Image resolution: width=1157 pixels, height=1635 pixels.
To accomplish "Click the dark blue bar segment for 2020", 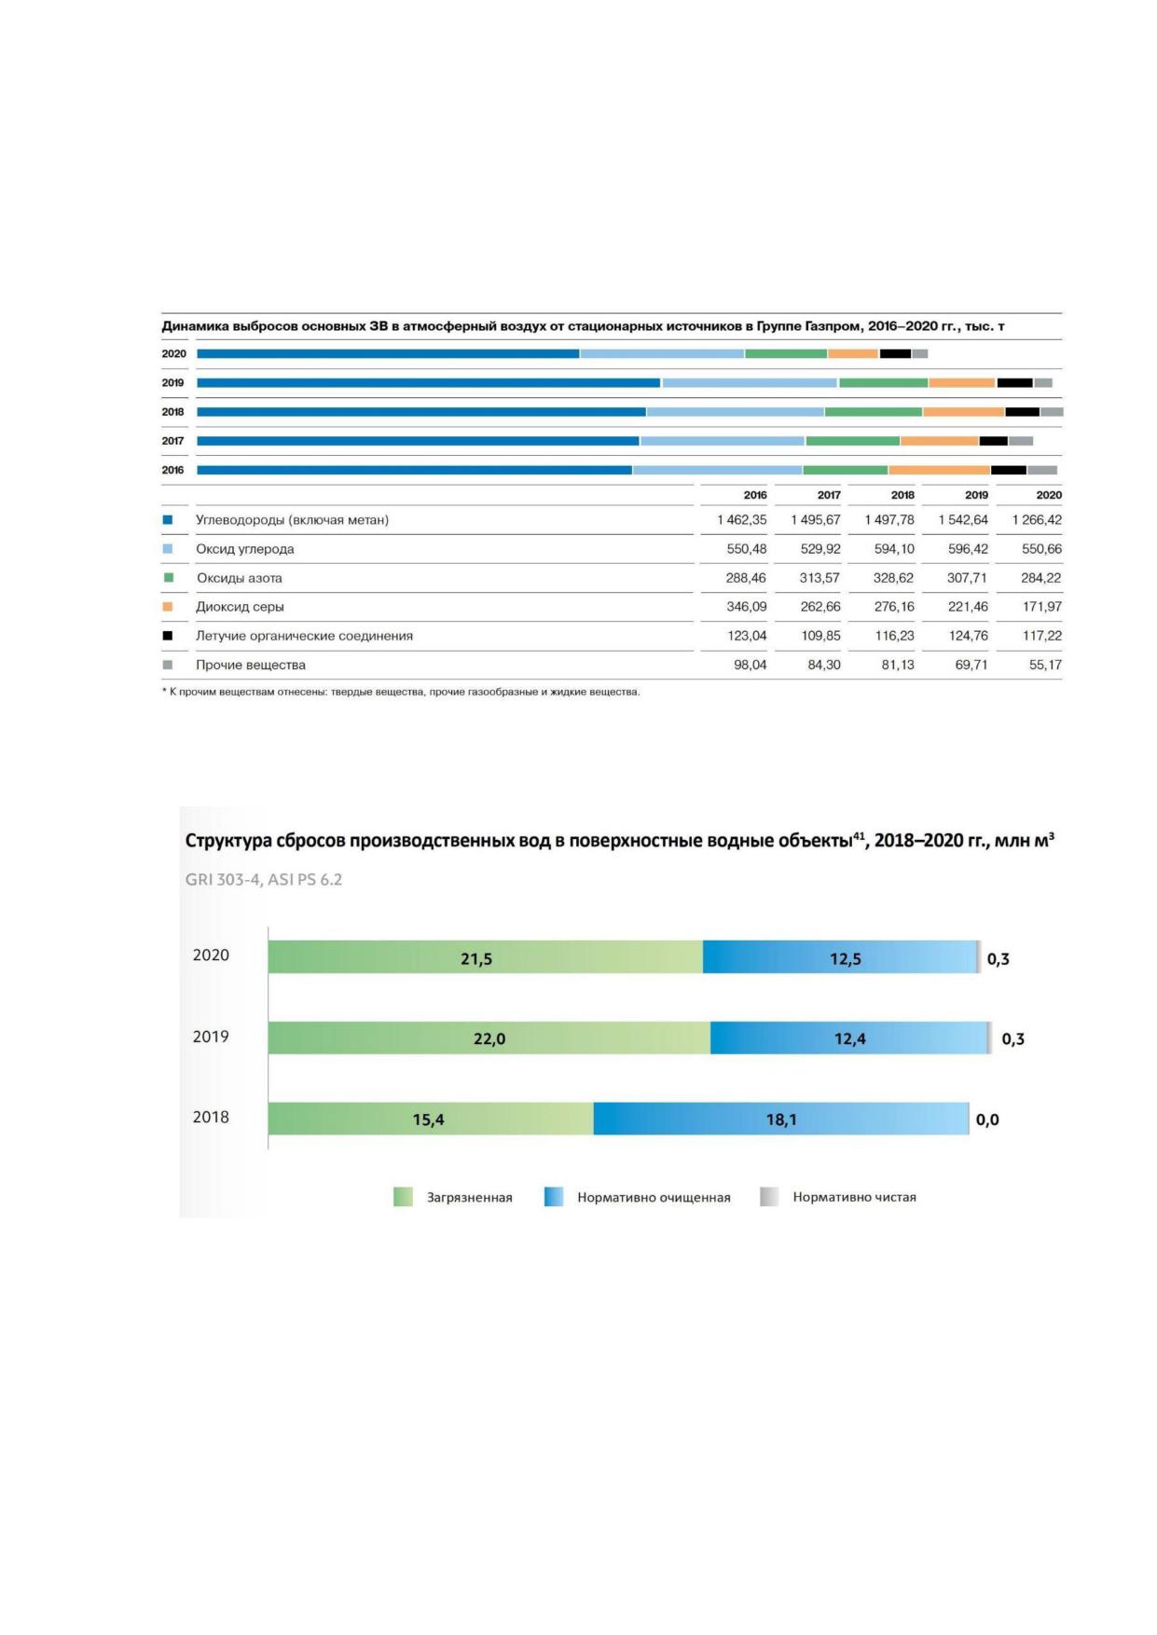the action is pyautogui.click(x=388, y=353).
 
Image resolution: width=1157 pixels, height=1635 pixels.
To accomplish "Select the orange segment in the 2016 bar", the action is pyautogui.click(x=939, y=470).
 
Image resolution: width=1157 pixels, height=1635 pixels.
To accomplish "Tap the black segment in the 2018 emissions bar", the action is pyautogui.click(x=1022, y=412).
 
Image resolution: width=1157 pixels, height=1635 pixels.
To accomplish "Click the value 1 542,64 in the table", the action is pyautogui.click(x=963, y=520).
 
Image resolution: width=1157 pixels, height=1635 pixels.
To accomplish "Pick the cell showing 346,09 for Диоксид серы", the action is pyautogui.click(x=746, y=607).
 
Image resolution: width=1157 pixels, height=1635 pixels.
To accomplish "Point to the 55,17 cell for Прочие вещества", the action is pyautogui.click(x=1045, y=665).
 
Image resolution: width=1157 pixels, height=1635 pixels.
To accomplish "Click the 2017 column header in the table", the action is pyautogui.click(x=829, y=495).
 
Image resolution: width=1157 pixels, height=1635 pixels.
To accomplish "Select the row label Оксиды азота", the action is pyautogui.click(x=240, y=578).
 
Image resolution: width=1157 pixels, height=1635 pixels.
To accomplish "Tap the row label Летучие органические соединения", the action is pyautogui.click(x=304, y=636).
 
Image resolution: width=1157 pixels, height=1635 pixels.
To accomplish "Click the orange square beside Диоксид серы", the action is pyautogui.click(x=168, y=607).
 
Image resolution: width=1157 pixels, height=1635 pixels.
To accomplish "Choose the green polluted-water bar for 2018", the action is pyautogui.click(x=431, y=1119).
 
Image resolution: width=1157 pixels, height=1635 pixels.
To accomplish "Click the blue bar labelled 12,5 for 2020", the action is pyautogui.click(x=840, y=957).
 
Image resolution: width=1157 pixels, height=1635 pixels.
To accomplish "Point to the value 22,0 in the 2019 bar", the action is pyautogui.click(x=489, y=1038).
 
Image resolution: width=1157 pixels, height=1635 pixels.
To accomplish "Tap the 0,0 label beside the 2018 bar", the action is pyautogui.click(x=987, y=1120).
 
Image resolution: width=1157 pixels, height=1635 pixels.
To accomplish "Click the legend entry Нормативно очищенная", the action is pyautogui.click(x=654, y=1198).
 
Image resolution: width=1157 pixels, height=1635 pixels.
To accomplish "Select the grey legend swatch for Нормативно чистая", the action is pyautogui.click(x=769, y=1197).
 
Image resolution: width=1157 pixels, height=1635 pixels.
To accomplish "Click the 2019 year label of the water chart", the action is pyautogui.click(x=211, y=1037).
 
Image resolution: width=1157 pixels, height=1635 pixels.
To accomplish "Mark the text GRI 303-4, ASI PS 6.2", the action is pyautogui.click(x=264, y=879).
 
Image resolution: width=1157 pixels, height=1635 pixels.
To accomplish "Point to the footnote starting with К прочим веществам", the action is pyautogui.click(x=401, y=692).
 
